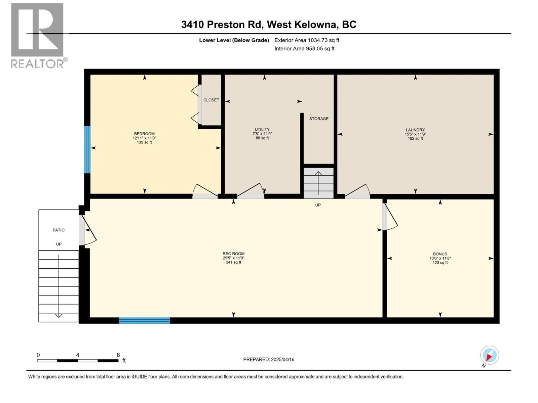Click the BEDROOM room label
tap(144, 134)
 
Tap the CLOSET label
tap(211, 100)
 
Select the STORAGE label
tap(319, 119)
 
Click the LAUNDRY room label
tap(415, 130)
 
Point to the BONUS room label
tap(440, 254)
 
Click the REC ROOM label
tap(233, 254)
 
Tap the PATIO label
tap(59, 230)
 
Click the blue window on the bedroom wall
tap(87, 150)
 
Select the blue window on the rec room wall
tap(145, 320)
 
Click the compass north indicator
tap(489, 355)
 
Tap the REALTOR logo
tap(38, 35)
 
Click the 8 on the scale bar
tap(118, 355)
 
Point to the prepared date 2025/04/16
tap(269, 359)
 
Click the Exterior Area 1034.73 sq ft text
tap(307, 40)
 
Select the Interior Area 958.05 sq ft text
tap(304, 49)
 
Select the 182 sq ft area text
tap(415, 139)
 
